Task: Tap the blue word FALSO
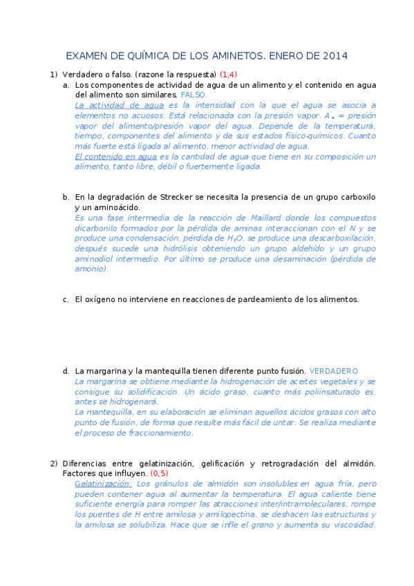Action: [x=194, y=94]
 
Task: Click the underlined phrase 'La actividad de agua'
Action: [x=119, y=105]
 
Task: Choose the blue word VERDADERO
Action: [x=334, y=371]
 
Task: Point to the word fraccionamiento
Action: [x=156, y=433]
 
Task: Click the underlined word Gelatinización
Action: [x=103, y=484]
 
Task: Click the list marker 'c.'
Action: [x=66, y=299]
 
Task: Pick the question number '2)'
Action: [x=53, y=463]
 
